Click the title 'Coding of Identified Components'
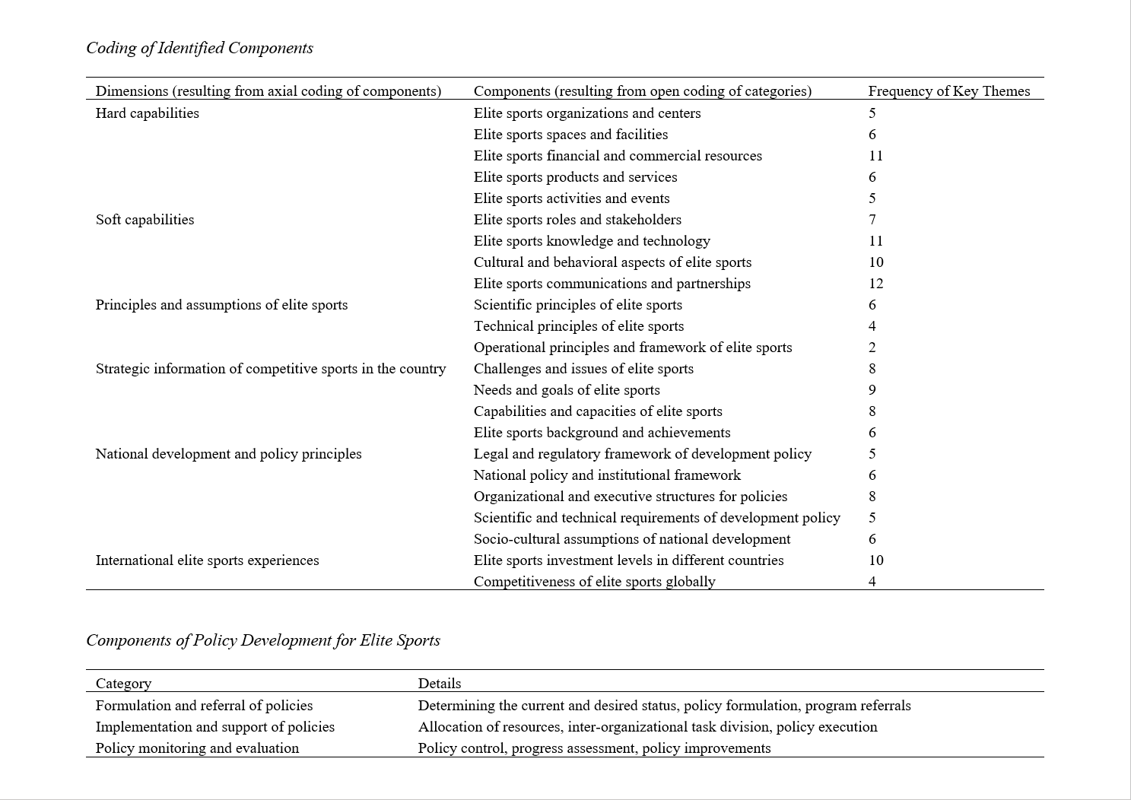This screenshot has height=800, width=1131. click(x=199, y=48)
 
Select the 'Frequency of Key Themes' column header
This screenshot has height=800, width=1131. click(x=948, y=91)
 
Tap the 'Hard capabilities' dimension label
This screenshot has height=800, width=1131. click(x=148, y=113)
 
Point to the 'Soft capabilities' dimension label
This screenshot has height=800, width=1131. click(x=145, y=220)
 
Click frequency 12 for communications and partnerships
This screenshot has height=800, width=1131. click(x=875, y=284)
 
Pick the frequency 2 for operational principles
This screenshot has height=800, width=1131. click(x=872, y=348)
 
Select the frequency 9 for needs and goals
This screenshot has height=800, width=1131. click(x=872, y=390)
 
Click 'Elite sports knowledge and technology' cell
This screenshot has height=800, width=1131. click(x=592, y=241)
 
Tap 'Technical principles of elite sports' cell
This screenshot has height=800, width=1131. click(x=578, y=326)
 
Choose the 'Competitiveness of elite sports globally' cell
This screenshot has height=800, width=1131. click(x=594, y=582)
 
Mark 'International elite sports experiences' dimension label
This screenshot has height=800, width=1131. click(x=207, y=560)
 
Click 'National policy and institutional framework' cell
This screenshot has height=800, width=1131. click(x=607, y=475)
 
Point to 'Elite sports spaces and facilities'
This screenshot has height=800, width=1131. click(x=570, y=135)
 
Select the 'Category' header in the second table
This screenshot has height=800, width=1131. click(x=123, y=684)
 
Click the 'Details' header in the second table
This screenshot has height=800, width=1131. click(x=440, y=684)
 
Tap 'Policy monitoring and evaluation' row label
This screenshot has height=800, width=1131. click(x=197, y=748)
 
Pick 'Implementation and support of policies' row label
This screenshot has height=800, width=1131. click(x=215, y=727)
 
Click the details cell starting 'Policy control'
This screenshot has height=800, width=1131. click(x=594, y=748)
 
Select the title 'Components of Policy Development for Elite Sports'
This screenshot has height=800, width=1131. click(x=263, y=640)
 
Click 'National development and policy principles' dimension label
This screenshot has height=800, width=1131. click(x=228, y=454)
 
